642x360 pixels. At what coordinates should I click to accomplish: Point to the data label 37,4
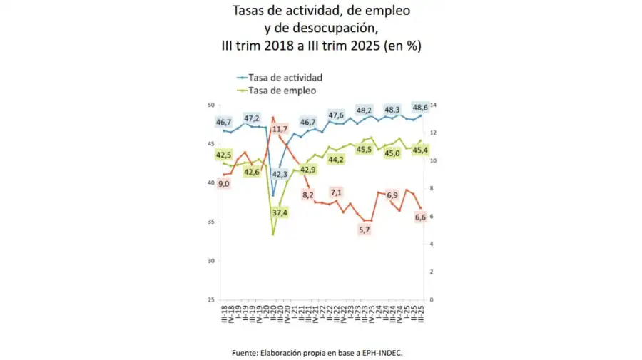click(x=280, y=212)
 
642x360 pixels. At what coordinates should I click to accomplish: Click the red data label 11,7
click(x=280, y=129)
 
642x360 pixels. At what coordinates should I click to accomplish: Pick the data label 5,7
click(x=364, y=229)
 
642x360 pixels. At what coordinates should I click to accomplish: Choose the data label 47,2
click(x=252, y=118)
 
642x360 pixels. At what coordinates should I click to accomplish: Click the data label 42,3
click(x=280, y=173)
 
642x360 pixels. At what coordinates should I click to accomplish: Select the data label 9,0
click(x=223, y=183)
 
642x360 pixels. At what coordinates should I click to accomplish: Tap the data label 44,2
click(x=336, y=159)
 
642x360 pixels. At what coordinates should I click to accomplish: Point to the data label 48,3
click(x=392, y=110)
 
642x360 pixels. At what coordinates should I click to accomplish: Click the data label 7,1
click(x=336, y=192)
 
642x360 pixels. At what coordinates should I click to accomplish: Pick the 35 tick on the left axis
click(x=210, y=222)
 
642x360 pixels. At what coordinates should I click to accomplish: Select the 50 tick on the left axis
click(x=210, y=106)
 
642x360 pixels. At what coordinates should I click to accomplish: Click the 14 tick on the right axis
click(x=432, y=106)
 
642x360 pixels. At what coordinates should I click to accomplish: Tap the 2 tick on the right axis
click(x=431, y=272)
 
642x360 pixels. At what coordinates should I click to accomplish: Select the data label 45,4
click(x=421, y=150)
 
